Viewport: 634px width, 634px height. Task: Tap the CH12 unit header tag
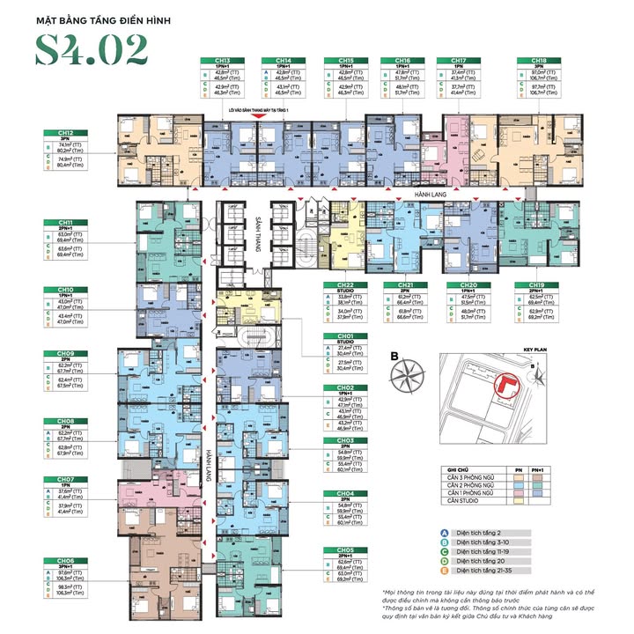coord(66,133)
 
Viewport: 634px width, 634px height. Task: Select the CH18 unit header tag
coord(537,61)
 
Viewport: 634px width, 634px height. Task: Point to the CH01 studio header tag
coord(344,336)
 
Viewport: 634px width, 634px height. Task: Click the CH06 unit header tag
coord(66,560)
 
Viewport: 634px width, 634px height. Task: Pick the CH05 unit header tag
coord(344,549)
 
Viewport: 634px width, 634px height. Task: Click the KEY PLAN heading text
coord(534,349)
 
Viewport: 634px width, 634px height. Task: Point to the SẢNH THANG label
coord(259,234)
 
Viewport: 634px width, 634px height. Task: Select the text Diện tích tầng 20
coord(487,565)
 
